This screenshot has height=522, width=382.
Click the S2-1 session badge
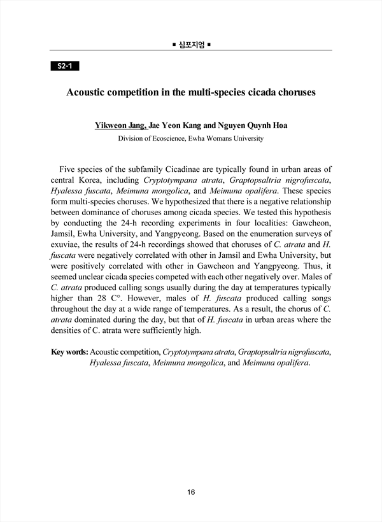click(64, 66)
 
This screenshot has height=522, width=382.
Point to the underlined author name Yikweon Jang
click(120, 125)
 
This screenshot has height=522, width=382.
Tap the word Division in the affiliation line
click(132, 138)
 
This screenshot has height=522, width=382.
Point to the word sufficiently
click(159, 330)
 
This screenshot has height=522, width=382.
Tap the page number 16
click(191, 492)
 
